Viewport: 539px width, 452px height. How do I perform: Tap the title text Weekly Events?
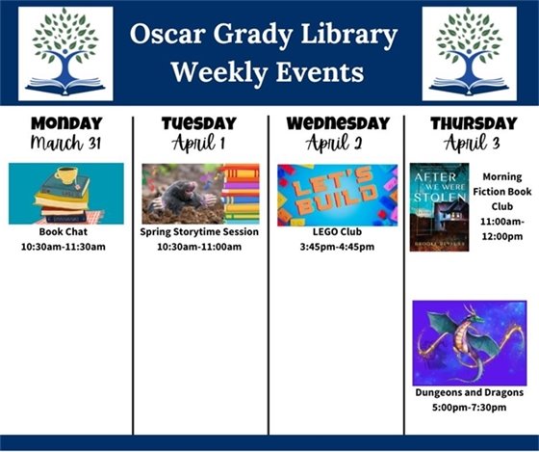coord(266,72)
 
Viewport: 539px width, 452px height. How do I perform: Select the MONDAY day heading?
coord(66,123)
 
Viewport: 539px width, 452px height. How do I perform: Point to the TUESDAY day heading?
coord(198,123)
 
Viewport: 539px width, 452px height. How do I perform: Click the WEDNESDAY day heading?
coord(337,123)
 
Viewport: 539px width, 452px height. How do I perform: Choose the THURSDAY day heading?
coord(473,123)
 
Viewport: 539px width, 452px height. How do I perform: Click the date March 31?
coord(66,144)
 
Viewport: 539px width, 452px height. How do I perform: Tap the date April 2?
coord(337,144)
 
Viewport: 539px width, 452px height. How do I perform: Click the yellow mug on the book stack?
coord(66,175)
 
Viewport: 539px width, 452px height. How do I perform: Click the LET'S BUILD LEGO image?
coord(337,194)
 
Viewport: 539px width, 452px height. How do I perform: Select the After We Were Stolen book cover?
coord(439,207)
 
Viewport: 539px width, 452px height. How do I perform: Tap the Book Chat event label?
coord(65,232)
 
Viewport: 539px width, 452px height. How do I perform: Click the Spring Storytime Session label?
coord(200,232)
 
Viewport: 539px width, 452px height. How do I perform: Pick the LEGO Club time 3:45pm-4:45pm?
coord(337,246)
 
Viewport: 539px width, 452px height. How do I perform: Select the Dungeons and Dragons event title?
coord(469,393)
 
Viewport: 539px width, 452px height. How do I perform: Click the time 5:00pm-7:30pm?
coord(469,407)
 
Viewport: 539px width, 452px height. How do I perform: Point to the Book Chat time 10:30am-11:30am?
coord(65,246)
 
